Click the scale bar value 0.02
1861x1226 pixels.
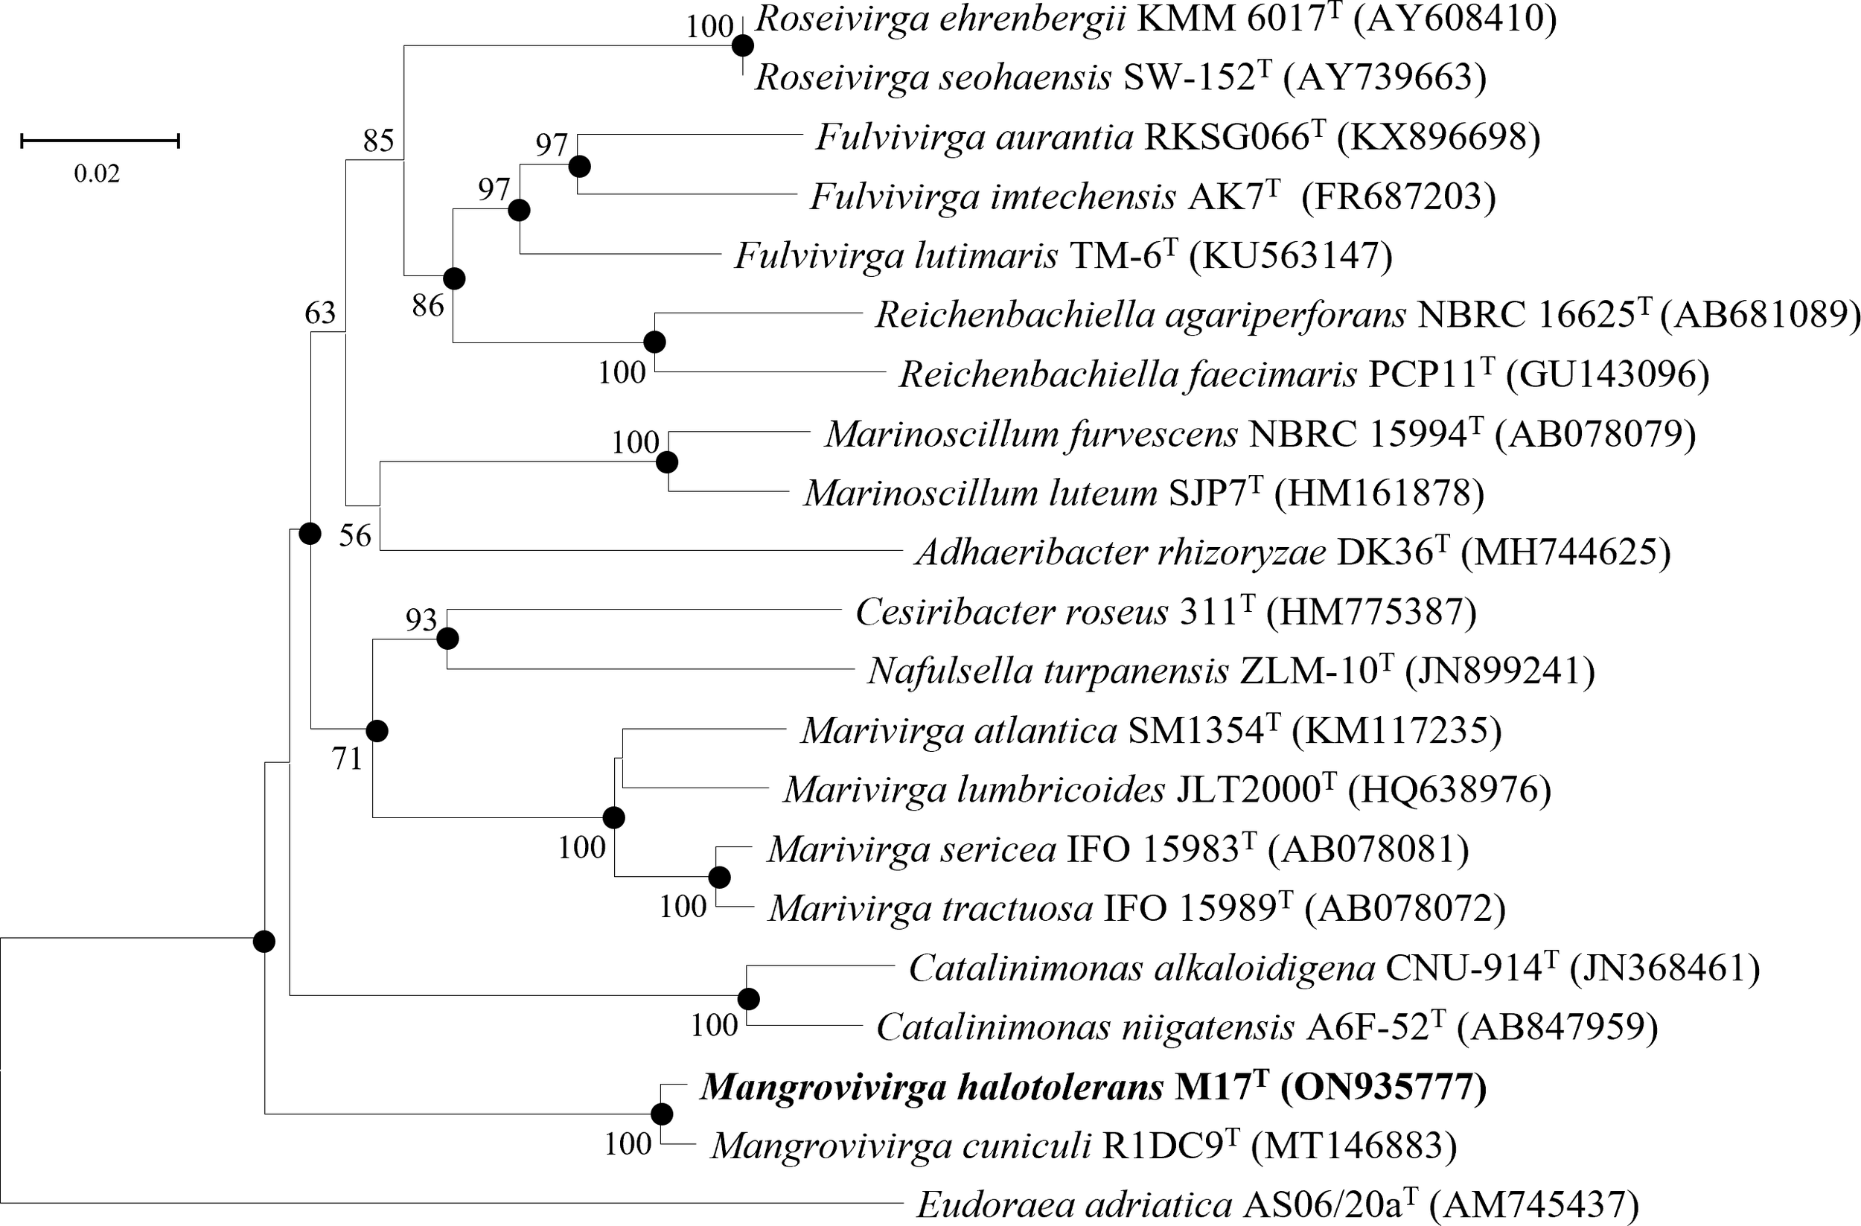(97, 173)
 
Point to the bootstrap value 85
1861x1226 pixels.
(378, 141)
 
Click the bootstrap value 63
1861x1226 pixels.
(320, 313)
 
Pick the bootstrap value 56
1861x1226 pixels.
(355, 537)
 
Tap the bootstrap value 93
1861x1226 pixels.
(421, 621)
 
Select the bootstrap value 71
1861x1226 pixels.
(347, 759)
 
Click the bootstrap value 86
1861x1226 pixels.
(429, 307)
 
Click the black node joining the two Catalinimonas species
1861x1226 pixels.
(748, 999)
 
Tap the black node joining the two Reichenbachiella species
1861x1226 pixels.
(654, 342)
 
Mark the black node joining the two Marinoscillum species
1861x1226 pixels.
(666, 463)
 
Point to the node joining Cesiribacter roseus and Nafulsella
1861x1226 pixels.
(447, 639)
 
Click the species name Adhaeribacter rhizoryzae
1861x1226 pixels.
(1121, 553)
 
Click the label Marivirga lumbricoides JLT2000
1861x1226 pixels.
(1060, 790)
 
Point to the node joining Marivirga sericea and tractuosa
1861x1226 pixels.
(718, 878)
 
